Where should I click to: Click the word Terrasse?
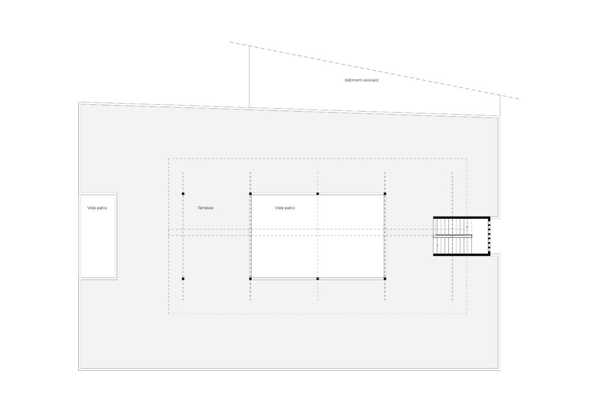coord(205,208)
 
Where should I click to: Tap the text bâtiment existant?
coord(361,81)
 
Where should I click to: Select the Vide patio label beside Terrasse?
coord(285,208)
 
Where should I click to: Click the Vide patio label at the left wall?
coord(97,208)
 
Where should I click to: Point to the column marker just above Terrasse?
coord(183,194)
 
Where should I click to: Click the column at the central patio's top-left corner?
coord(250,194)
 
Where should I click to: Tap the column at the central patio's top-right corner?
coord(385,194)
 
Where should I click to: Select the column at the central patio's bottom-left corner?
coord(250,279)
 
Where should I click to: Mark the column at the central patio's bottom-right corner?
coord(385,279)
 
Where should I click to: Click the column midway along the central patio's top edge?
coord(317,194)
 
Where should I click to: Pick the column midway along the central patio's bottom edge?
coord(317,279)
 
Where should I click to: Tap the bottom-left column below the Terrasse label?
coord(183,279)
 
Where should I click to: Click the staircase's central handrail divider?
coord(453,236)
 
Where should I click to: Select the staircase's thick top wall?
coord(461,217)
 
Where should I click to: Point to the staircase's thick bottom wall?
coord(461,255)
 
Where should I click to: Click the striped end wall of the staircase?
coord(488,236)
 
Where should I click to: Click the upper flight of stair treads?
coord(452,226)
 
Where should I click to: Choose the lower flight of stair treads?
coord(452,246)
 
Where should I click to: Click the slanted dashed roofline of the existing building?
coord(375,71)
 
